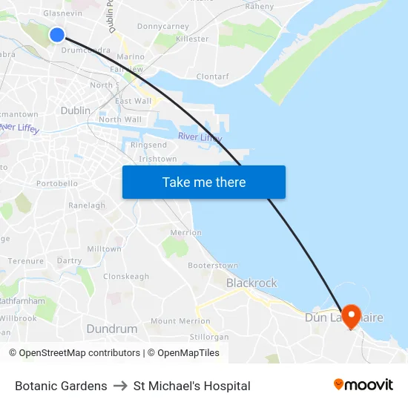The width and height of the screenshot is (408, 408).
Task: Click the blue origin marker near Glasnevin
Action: click(x=57, y=35)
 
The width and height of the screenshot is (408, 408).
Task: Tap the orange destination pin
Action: click(x=350, y=316)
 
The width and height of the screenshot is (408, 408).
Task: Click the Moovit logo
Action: click(x=363, y=385)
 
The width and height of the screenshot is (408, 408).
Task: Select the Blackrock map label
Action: click(x=251, y=283)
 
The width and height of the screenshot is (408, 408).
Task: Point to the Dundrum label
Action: click(x=112, y=329)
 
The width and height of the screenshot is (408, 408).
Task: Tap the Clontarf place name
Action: click(x=213, y=76)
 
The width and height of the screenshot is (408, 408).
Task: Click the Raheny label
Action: click(x=260, y=6)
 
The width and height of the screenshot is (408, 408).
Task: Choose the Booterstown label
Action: click(x=213, y=266)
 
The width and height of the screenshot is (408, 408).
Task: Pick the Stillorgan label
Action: click(x=209, y=336)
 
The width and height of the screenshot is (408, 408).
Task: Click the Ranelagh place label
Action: click(x=87, y=205)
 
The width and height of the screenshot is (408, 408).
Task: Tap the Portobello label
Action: click(x=57, y=183)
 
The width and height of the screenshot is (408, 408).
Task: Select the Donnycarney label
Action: click(x=163, y=26)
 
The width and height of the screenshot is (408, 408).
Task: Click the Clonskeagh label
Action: click(x=126, y=276)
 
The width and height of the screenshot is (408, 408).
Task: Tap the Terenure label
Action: click(x=26, y=261)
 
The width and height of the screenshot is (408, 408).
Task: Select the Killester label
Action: click(x=192, y=39)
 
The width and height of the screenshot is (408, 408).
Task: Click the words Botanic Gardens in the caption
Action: click(x=61, y=386)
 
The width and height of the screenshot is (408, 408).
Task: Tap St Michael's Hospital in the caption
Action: click(x=192, y=386)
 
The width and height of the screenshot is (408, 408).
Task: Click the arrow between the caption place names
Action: click(x=120, y=386)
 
